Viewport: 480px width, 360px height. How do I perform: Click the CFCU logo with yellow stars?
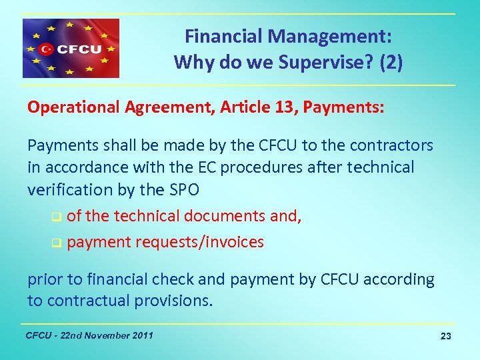(x=71, y=49)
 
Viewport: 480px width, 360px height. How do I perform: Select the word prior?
(x=45, y=280)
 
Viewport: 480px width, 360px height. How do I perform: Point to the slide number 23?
(x=446, y=336)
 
